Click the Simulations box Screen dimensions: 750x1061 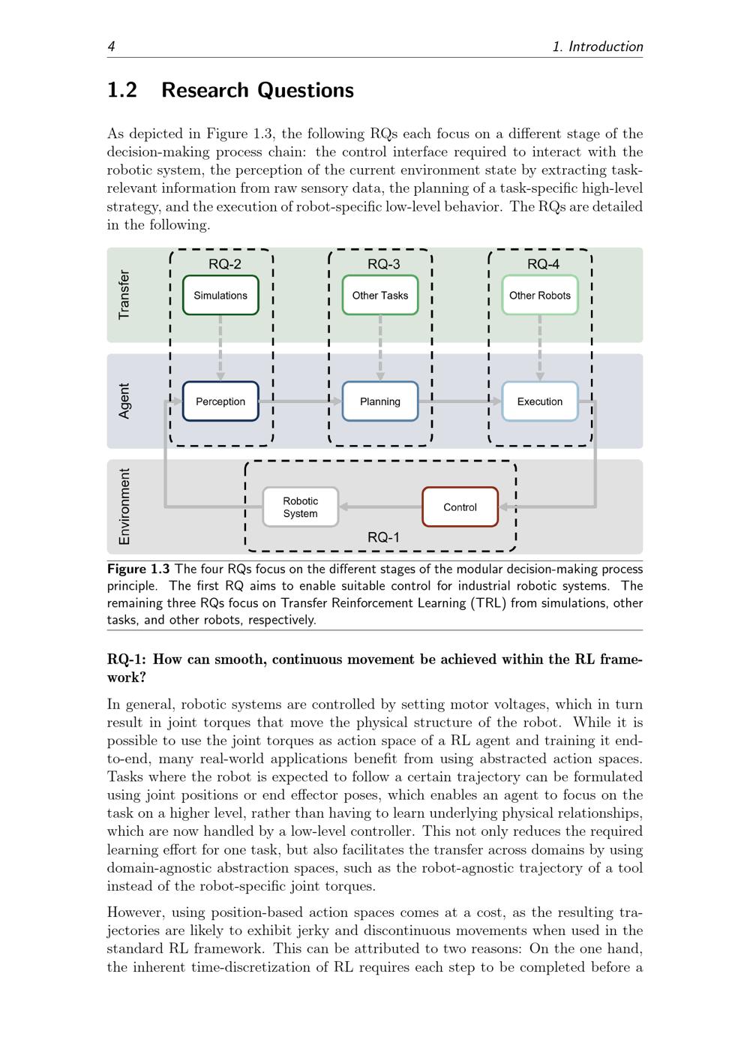pos(220,295)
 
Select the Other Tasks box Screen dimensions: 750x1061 pos(380,295)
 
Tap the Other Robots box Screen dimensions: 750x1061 pos(540,295)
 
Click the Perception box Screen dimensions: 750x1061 pos(220,401)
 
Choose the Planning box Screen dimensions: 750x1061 pos(380,401)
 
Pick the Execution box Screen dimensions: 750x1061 pos(540,401)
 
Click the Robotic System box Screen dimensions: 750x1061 pos(301,506)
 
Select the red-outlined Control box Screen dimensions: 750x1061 pos(460,506)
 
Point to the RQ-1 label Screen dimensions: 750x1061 pos(383,537)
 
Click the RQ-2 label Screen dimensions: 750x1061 pos(225,264)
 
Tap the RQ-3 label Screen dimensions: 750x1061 pos(384,264)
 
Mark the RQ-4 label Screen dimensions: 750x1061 pos(544,264)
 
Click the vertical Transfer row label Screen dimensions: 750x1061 pos(124,295)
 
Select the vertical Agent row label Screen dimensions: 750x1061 pos(124,401)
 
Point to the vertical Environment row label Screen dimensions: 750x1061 pos(124,506)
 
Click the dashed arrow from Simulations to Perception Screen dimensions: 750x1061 pos(220,348)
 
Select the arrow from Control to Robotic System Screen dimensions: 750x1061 pos(381,506)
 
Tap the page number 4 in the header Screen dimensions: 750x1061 pos(111,47)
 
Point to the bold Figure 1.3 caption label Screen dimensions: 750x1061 pos(138,569)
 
